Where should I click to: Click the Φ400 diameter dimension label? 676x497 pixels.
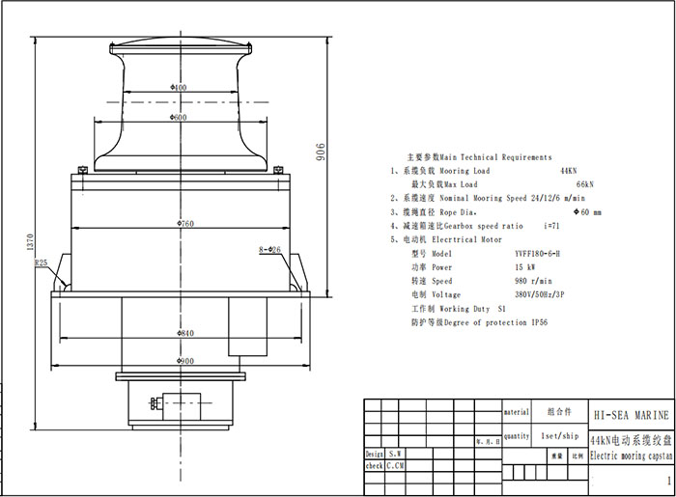tap(179, 88)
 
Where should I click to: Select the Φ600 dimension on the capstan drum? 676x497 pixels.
tap(179, 117)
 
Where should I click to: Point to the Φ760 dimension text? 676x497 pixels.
tap(185, 224)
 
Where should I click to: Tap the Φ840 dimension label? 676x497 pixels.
tap(185, 333)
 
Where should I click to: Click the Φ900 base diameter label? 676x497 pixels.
tap(185, 361)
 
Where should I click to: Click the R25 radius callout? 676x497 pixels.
tap(41, 262)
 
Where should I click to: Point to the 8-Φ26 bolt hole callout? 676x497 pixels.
tap(270, 250)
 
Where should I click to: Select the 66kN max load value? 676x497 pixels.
tap(584, 183)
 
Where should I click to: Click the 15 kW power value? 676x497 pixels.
tap(527, 266)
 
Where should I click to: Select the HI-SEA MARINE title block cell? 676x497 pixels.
tap(629, 414)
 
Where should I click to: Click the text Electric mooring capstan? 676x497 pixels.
tap(629, 456)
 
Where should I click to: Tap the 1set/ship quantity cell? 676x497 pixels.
tap(558, 435)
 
